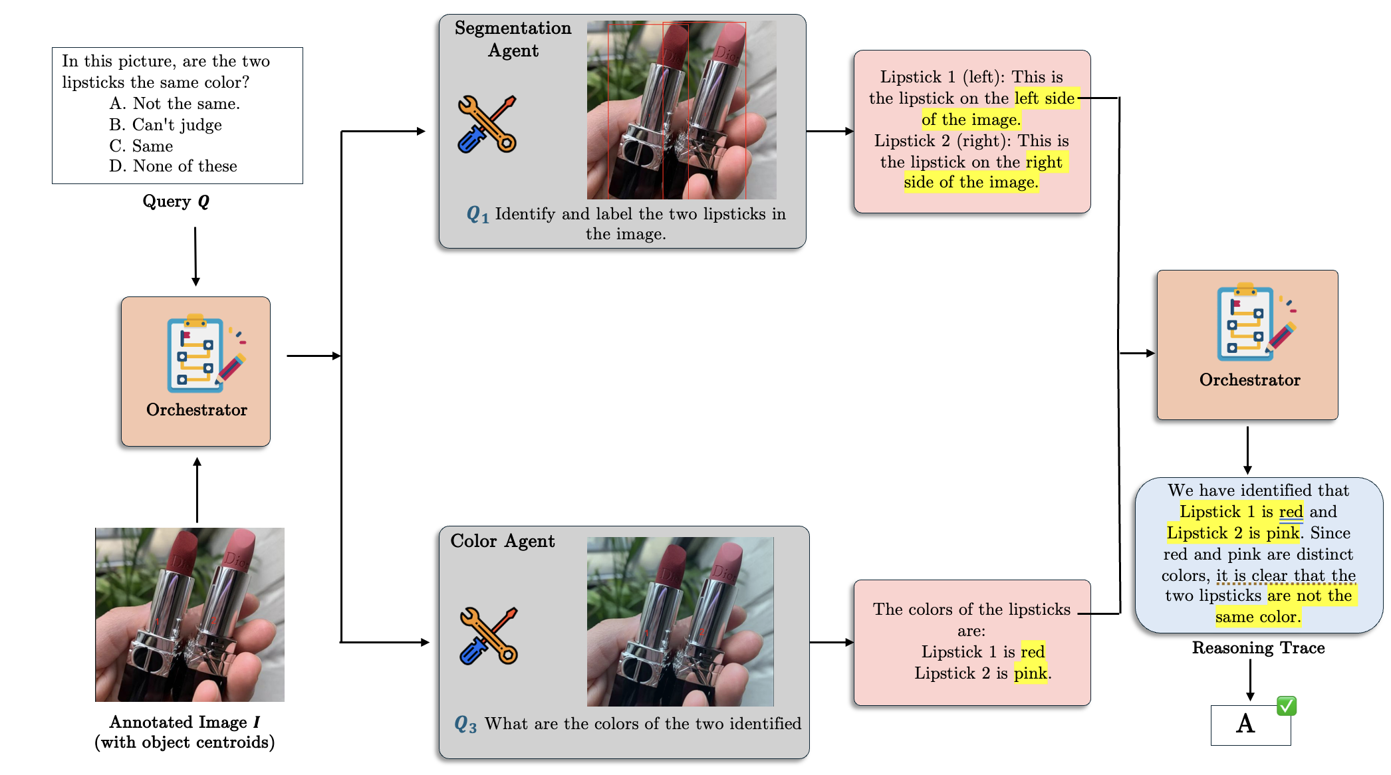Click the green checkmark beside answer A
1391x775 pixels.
coord(1286,705)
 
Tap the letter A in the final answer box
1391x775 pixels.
coord(1245,724)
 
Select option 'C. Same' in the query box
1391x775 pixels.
coord(141,146)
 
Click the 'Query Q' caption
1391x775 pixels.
coord(176,201)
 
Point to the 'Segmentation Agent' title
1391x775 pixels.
coord(513,39)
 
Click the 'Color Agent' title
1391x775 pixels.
coord(502,541)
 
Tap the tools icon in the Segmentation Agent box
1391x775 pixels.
coord(487,124)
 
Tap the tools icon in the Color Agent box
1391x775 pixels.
coord(489,636)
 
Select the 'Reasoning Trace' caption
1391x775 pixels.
coord(1258,648)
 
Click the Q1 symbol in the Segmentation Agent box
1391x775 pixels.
coord(477,214)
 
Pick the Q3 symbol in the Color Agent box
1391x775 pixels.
coord(465,724)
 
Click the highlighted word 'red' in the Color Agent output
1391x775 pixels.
coord(1033,652)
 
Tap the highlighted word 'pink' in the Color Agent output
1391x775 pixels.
coord(1030,673)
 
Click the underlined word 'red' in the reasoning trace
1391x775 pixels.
coord(1291,512)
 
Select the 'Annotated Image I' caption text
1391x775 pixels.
coord(184,722)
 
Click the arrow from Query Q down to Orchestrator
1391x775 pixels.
coord(195,256)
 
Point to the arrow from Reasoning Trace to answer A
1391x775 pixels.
coord(1250,679)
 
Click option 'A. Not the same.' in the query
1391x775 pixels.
coord(174,104)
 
